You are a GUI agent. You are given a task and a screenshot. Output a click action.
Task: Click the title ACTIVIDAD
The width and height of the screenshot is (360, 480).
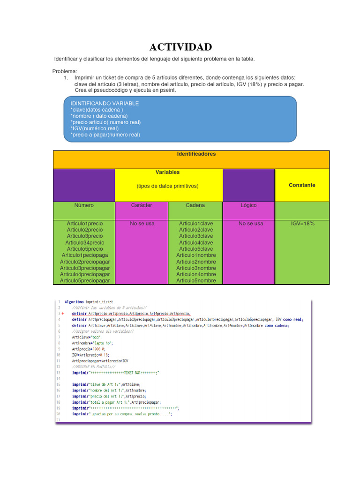pos(180,47)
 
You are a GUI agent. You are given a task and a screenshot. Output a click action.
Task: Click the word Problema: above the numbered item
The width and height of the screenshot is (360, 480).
pos(65,71)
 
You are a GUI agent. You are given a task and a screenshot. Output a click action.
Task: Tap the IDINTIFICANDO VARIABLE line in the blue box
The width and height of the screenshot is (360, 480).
pos(105,103)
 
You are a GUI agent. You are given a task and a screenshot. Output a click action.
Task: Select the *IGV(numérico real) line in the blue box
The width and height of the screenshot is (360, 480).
pos(95,128)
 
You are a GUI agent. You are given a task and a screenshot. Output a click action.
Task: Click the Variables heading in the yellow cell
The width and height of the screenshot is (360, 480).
pos(168,172)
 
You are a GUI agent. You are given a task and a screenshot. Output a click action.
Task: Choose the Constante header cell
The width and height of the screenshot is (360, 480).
pos(302,185)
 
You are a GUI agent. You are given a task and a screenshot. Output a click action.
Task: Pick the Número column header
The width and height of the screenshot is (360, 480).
pos(84,205)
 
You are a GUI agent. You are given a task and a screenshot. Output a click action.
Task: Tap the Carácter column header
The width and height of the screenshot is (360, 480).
pos(142,205)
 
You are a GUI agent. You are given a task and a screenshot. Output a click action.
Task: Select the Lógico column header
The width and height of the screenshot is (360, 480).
pos(248,205)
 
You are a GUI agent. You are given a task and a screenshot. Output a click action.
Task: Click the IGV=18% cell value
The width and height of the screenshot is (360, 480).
pos(303,224)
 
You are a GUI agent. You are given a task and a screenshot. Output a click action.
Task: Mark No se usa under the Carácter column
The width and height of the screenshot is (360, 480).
pos(142,224)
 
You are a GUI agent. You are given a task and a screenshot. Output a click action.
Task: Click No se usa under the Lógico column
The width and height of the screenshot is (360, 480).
pos(251,224)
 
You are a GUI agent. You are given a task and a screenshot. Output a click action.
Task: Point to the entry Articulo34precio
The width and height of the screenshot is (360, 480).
pos(85,243)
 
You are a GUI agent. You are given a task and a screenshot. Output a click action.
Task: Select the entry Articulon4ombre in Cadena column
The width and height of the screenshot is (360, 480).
pos(196,274)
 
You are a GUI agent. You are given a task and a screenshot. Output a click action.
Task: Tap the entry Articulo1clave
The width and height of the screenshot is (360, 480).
pos(196,224)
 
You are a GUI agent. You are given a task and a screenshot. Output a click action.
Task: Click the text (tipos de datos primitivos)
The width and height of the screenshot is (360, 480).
pos(168,186)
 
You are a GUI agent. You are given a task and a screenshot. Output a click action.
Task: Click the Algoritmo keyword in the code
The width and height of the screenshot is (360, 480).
pos(75,301)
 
